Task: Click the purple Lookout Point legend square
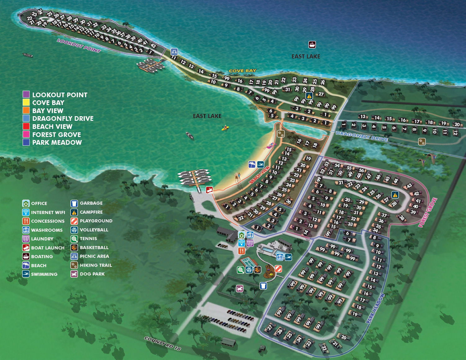(26, 94)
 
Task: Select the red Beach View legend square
(26, 126)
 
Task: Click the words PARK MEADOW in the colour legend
(57, 143)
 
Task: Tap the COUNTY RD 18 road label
(162, 343)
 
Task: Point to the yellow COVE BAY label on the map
(242, 71)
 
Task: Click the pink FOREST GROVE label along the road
(428, 212)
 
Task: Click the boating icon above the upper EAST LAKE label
(312, 44)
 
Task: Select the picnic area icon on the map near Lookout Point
(174, 52)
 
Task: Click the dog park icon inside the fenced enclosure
(239, 289)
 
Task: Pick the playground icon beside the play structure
(278, 269)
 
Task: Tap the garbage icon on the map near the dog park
(263, 286)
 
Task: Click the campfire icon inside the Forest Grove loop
(395, 195)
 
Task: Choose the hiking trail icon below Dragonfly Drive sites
(422, 141)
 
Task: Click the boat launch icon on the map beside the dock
(209, 190)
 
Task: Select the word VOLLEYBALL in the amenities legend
(94, 230)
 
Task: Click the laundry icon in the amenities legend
(26, 239)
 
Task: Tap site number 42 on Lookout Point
(153, 45)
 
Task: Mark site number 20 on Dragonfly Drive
(457, 125)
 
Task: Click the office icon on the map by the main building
(241, 235)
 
